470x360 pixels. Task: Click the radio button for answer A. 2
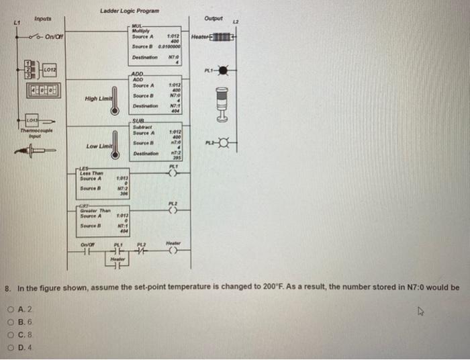(14, 310)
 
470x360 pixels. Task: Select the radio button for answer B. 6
(14, 322)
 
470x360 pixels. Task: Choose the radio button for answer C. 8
(14, 334)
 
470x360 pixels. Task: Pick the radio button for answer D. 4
(14, 346)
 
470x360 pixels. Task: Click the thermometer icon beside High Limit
(115, 97)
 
